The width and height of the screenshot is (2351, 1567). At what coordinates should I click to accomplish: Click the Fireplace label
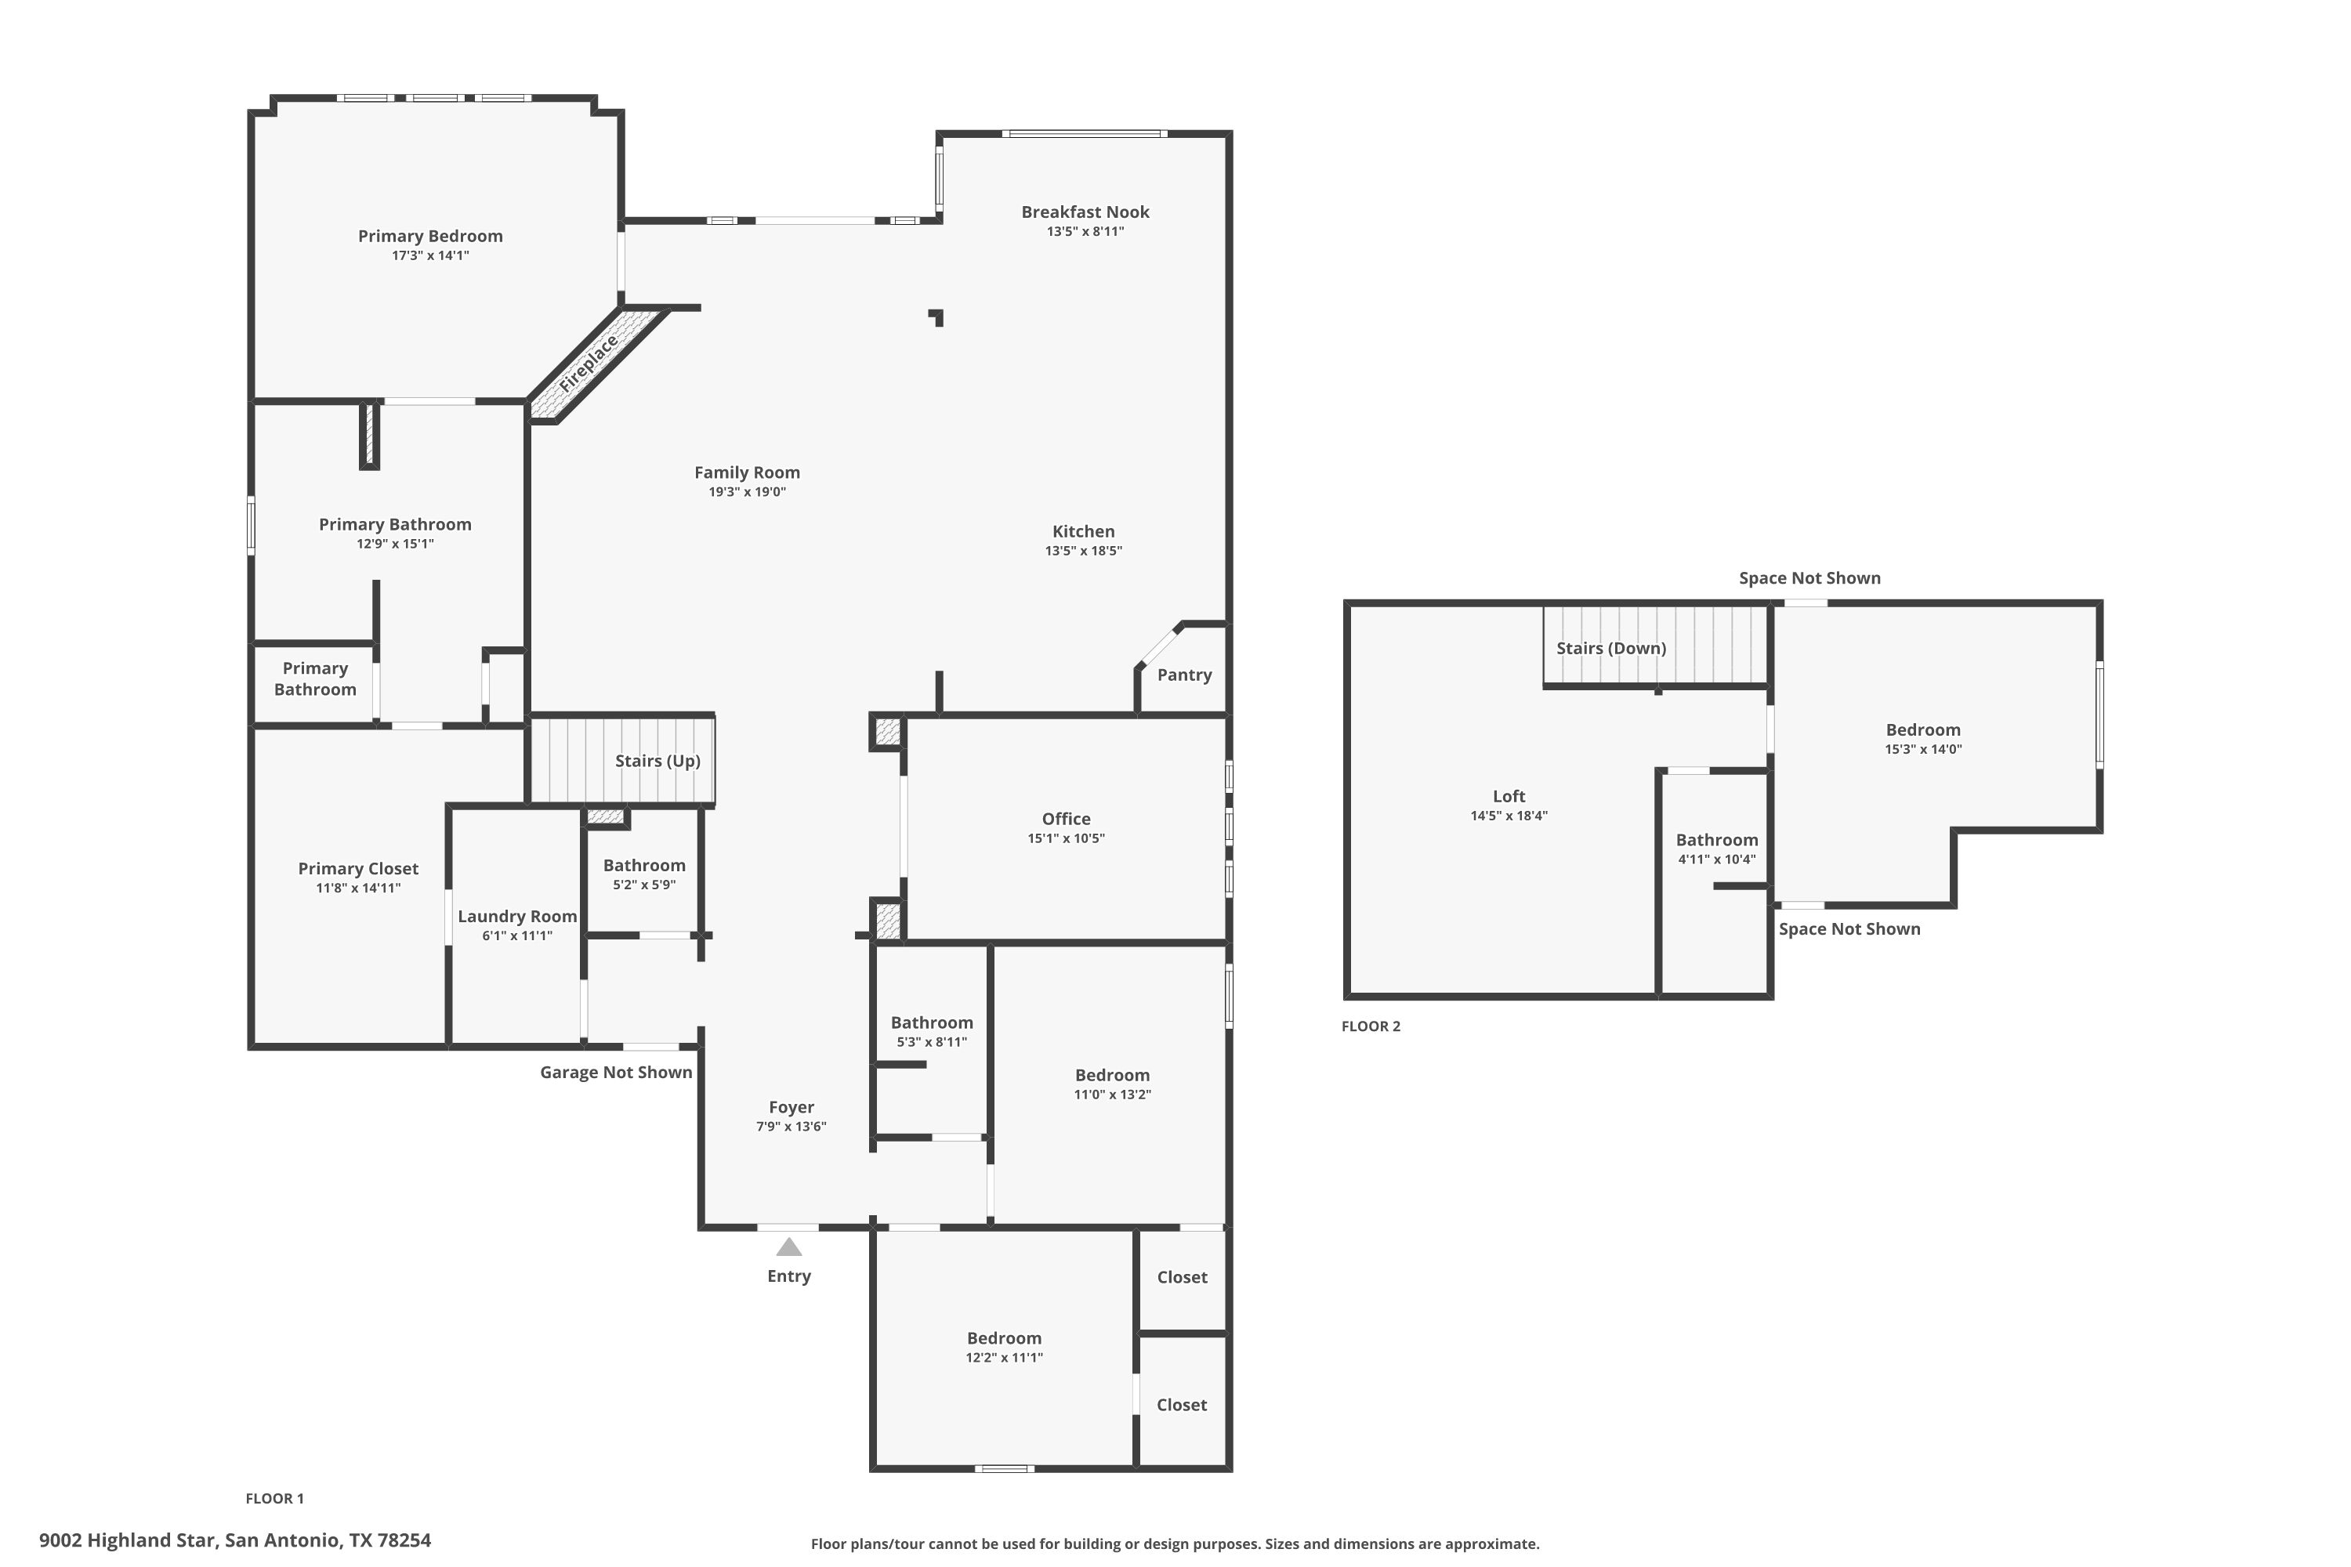click(x=589, y=364)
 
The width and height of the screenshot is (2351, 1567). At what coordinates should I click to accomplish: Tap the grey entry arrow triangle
click(x=788, y=1247)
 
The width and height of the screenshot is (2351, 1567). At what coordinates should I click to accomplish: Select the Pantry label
click(x=1184, y=675)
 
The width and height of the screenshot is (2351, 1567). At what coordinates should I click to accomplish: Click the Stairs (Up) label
click(x=657, y=761)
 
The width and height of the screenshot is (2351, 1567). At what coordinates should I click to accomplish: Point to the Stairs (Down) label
click(x=1611, y=648)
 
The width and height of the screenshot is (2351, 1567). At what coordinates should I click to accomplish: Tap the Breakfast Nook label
click(x=1085, y=212)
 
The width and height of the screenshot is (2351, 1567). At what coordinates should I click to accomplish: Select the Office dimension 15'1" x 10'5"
click(x=1067, y=838)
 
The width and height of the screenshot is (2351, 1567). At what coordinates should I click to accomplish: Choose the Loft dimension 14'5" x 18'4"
click(x=1509, y=816)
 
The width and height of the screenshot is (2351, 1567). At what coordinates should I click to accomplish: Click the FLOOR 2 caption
click(x=1371, y=1026)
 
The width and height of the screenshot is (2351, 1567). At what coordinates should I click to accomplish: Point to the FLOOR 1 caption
click(x=275, y=1498)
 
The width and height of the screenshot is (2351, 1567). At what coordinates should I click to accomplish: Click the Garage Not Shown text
click(x=616, y=1073)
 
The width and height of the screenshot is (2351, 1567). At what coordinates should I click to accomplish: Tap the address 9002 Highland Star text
click(x=127, y=1540)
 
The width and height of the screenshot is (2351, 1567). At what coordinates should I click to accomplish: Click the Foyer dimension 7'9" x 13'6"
click(x=792, y=1127)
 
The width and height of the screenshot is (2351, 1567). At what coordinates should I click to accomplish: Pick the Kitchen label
click(x=1084, y=532)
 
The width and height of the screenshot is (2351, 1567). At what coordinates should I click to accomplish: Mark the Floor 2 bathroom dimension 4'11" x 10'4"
click(x=1717, y=859)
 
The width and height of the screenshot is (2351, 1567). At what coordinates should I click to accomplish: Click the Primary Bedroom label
click(x=431, y=236)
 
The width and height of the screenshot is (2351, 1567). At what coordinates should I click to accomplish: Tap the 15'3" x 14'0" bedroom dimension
click(x=1924, y=750)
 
